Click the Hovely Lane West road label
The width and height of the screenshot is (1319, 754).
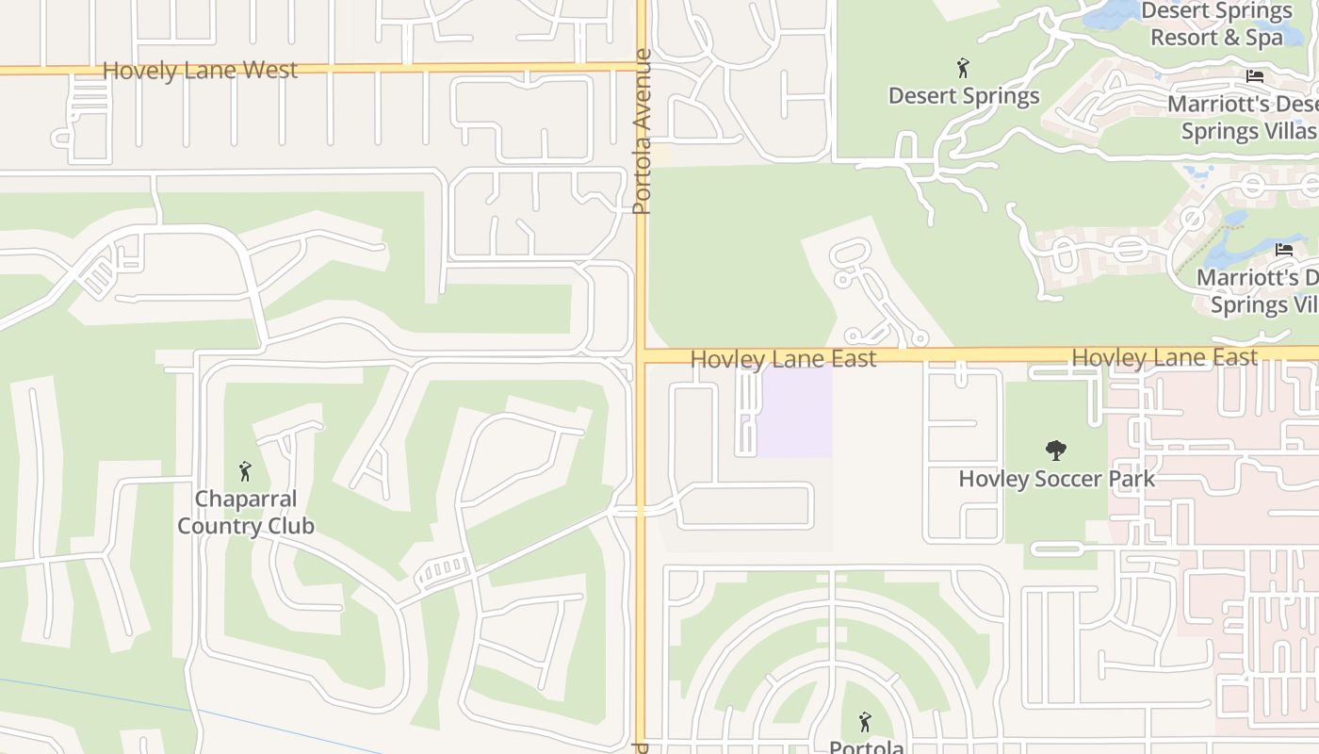(x=200, y=71)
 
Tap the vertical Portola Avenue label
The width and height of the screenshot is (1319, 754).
(x=643, y=131)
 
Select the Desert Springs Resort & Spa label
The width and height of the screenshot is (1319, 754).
(x=1216, y=25)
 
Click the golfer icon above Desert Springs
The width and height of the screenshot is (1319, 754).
(x=962, y=69)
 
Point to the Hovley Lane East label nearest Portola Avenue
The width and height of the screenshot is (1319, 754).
(x=783, y=359)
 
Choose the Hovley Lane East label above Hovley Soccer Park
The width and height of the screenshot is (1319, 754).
(x=1164, y=358)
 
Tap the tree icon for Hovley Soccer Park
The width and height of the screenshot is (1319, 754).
(x=1055, y=451)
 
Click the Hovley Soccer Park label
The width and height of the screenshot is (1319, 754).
(x=1056, y=479)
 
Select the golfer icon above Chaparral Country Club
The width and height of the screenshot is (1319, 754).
(x=245, y=471)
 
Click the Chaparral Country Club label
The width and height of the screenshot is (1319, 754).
(x=246, y=513)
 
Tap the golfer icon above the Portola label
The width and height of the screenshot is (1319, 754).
(x=865, y=723)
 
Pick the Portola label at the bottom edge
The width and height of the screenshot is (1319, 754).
(x=866, y=747)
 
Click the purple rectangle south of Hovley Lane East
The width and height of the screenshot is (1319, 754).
(x=795, y=413)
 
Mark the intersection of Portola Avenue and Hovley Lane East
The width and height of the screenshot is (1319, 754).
(x=642, y=356)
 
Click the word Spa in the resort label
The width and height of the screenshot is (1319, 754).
(x=1263, y=38)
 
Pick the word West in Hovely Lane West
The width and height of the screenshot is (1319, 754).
(x=269, y=71)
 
